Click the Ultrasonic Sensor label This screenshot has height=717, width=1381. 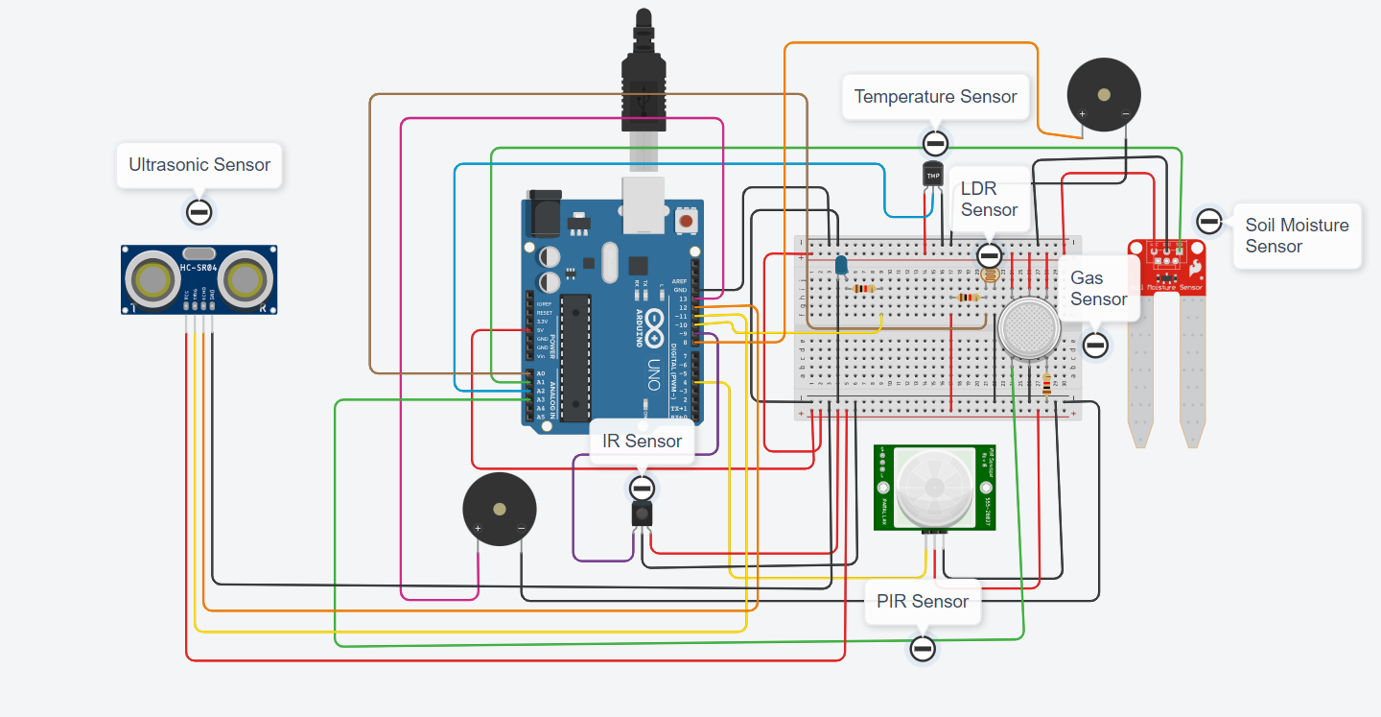[x=199, y=165]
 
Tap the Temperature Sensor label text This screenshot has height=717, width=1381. [x=935, y=97]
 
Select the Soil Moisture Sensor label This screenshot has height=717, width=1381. [x=1297, y=235]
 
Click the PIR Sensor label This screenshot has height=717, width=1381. [x=922, y=602]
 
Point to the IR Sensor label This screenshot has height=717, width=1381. [x=642, y=442]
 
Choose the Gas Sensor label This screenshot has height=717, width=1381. [x=1098, y=289]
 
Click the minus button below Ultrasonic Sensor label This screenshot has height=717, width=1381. [x=199, y=212]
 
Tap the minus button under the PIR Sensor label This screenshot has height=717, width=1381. [x=923, y=649]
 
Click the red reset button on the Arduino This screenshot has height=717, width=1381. [x=686, y=222]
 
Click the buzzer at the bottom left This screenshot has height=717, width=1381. [x=499, y=510]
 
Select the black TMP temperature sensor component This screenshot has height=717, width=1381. [x=933, y=175]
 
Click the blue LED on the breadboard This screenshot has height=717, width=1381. [x=841, y=265]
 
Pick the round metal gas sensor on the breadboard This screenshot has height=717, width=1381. [x=1028, y=328]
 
